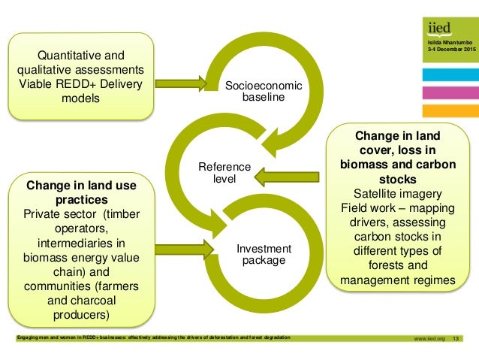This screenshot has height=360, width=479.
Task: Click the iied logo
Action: pos(438,29)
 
